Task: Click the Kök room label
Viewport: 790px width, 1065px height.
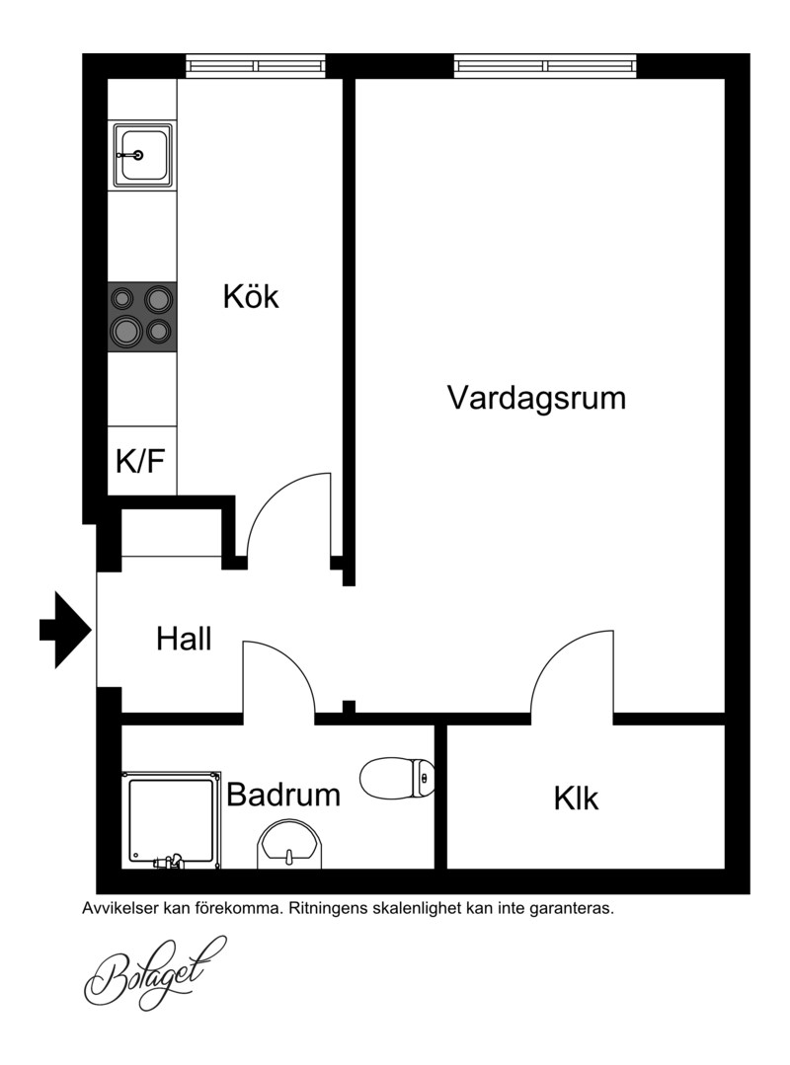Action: [x=251, y=297]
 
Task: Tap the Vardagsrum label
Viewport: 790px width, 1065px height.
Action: [x=536, y=398]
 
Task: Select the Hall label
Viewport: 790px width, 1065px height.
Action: [x=184, y=639]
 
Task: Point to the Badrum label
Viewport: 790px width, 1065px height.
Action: [x=283, y=794]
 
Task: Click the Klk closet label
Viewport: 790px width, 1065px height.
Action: [x=576, y=799]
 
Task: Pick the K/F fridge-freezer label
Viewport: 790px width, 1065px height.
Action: [x=140, y=461]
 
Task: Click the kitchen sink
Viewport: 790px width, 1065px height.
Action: [x=142, y=155]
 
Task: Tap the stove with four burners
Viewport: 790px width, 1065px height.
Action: [x=142, y=317]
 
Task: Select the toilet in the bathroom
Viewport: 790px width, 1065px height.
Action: [x=397, y=778]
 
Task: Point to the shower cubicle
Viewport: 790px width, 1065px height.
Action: [x=171, y=820]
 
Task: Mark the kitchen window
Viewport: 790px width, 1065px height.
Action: [x=256, y=66]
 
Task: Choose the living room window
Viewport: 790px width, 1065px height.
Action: [x=546, y=66]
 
